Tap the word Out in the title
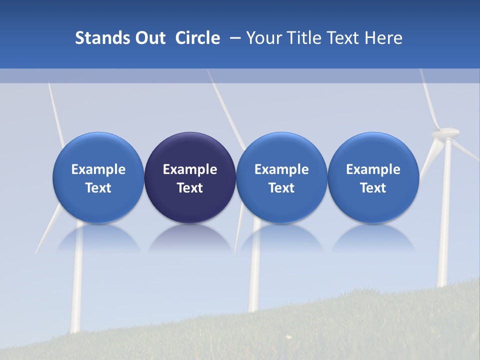[149, 38]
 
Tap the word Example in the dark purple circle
[190, 169]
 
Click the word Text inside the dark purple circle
[190, 188]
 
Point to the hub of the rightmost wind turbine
[446, 133]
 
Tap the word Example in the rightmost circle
[373, 169]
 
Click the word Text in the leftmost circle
[98, 188]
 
